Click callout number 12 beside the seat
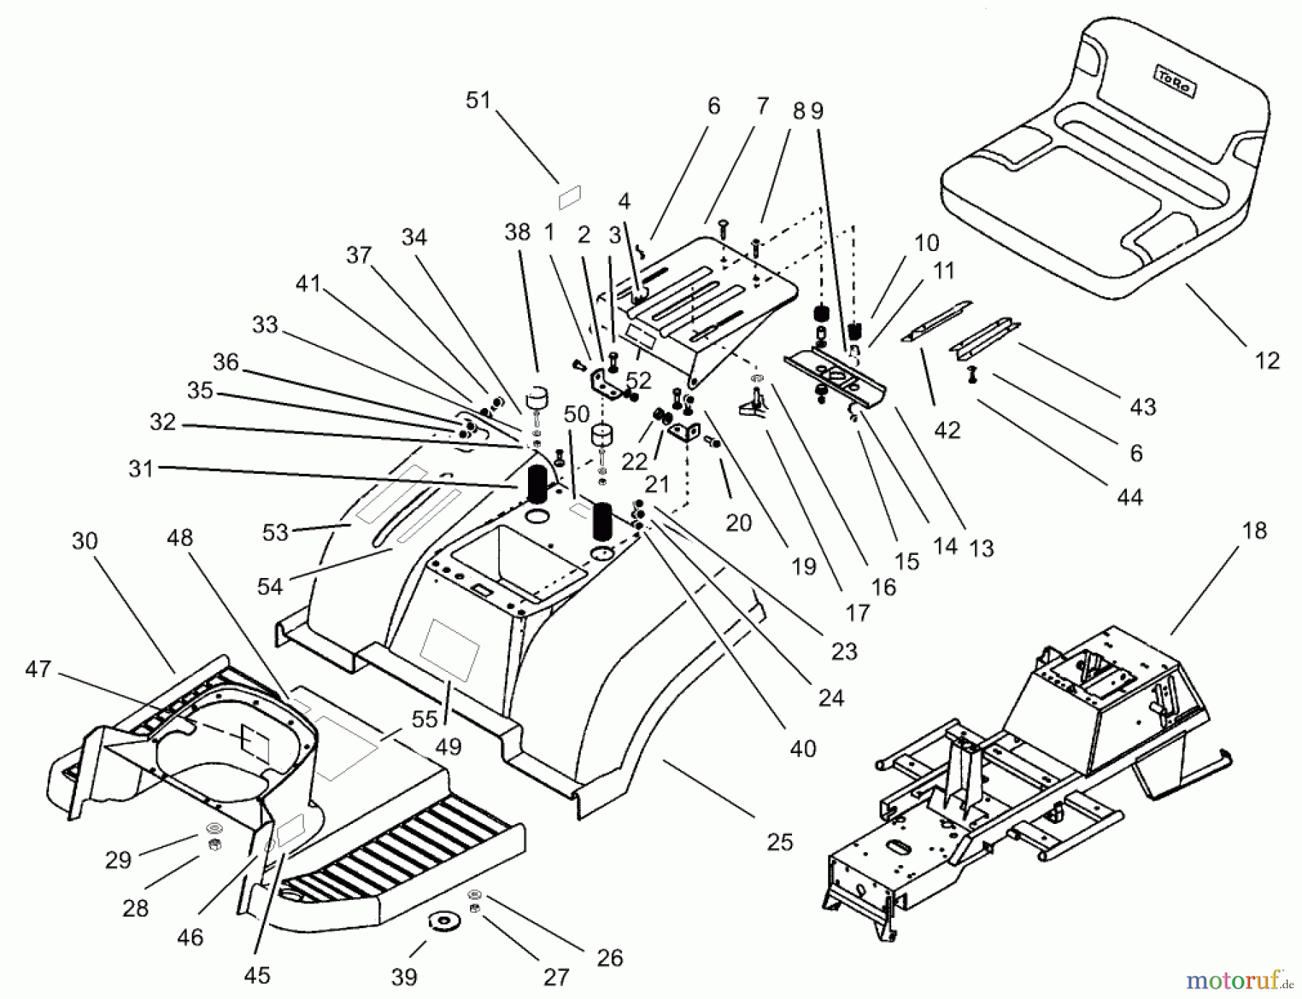pyautogui.click(x=1266, y=360)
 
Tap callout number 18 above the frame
pyautogui.click(x=1254, y=530)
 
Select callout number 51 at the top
pyautogui.click(x=478, y=100)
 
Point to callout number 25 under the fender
pyautogui.click(x=780, y=841)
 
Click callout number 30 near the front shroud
pyautogui.click(x=85, y=540)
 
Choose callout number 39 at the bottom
pyautogui.click(x=404, y=977)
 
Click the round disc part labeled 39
pyautogui.click(x=439, y=922)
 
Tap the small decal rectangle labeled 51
pyautogui.click(x=570, y=196)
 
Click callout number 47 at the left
pyautogui.click(x=38, y=668)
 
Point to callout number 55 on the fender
pyautogui.click(x=425, y=718)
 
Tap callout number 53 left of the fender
pyautogui.click(x=275, y=532)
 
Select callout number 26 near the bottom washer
pyautogui.click(x=610, y=957)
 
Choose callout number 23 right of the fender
pyautogui.click(x=843, y=651)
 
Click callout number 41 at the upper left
pyautogui.click(x=308, y=283)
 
